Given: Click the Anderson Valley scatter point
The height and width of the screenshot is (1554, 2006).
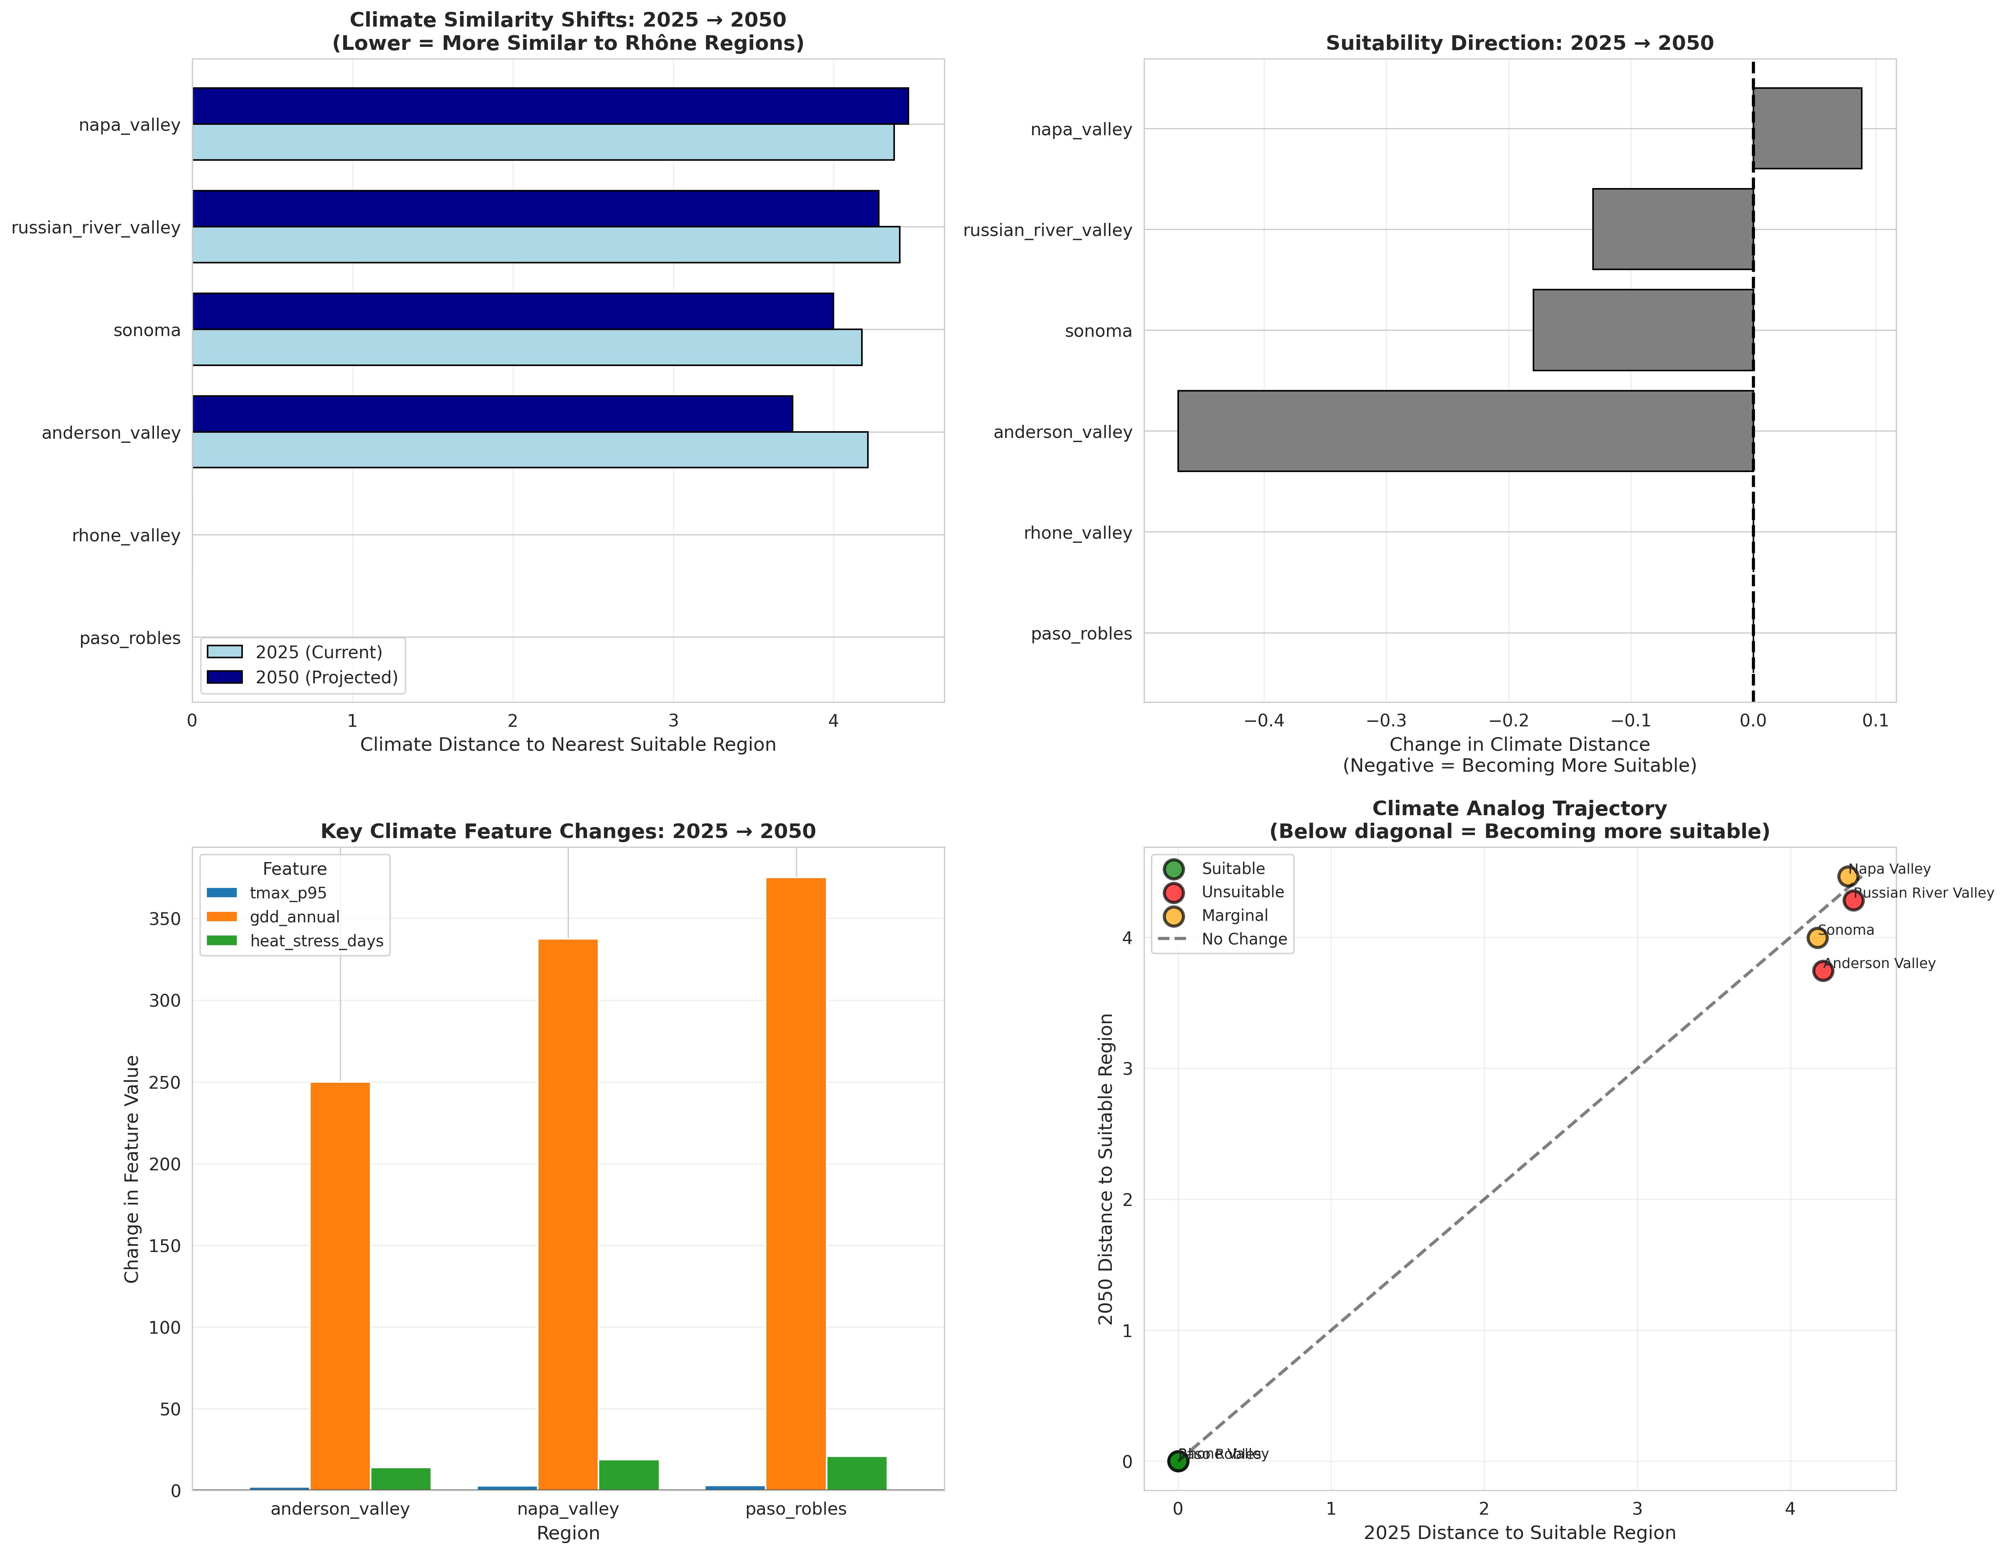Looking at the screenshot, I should point(1822,971).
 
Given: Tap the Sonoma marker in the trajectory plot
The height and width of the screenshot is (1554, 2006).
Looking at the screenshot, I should point(1817,938).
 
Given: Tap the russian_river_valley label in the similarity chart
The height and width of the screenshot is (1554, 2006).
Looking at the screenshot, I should point(96,228).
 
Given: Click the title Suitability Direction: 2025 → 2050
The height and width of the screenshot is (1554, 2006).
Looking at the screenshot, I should point(1519,43).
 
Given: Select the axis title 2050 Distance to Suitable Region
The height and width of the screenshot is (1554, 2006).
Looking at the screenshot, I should point(1106,1168).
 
